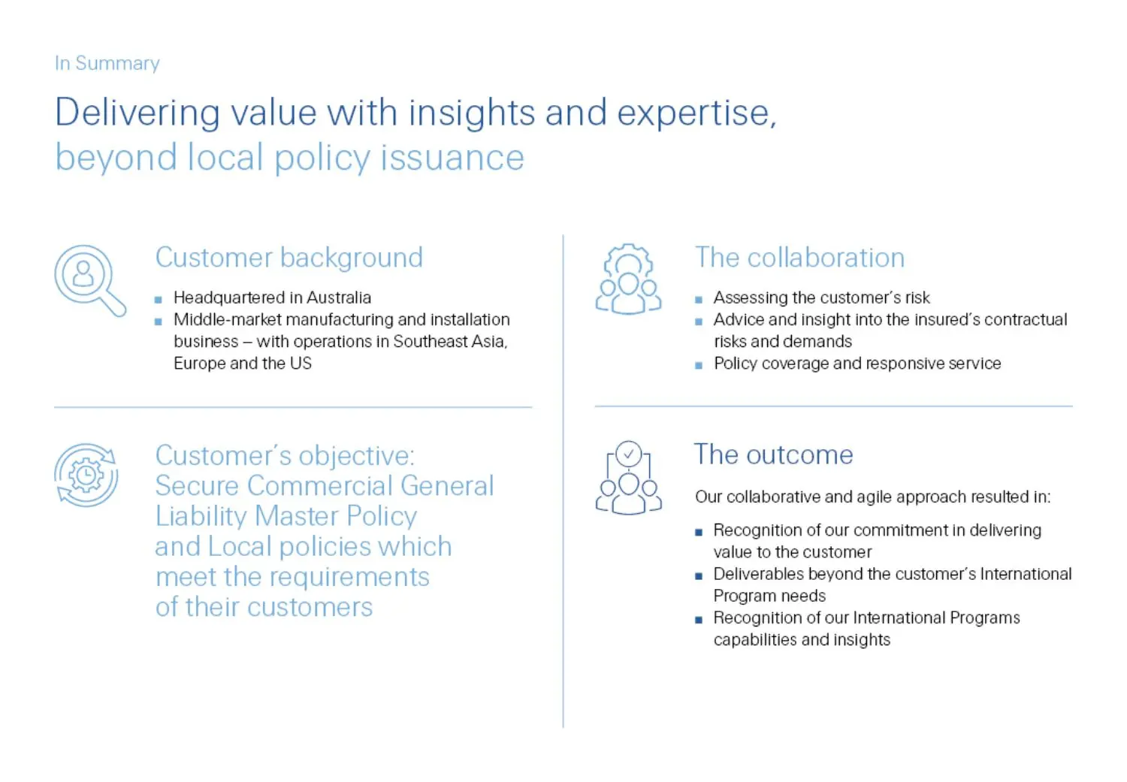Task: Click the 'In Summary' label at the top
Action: click(107, 63)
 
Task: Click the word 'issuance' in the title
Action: click(452, 158)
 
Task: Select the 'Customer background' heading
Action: click(289, 258)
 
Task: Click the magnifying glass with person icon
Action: click(89, 279)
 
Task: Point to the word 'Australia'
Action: click(340, 297)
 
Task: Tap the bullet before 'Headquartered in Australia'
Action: click(159, 299)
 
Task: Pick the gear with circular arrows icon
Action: click(86, 475)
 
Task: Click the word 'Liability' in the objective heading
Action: click(201, 516)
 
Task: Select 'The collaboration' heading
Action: click(799, 258)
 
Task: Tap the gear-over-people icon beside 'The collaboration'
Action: click(628, 279)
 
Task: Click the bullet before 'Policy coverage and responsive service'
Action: click(699, 365)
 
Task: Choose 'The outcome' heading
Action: click(773, 454)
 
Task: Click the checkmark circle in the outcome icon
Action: click(629, 454)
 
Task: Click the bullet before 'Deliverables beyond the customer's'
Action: click(699, 576)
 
